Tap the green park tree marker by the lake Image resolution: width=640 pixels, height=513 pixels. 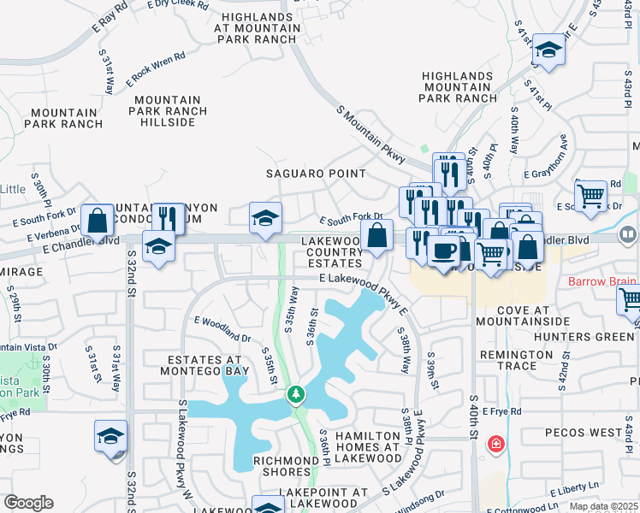click(x=295, y=394)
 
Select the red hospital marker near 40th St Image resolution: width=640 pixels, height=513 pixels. click(x=495, y=444)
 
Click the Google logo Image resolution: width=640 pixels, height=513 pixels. click(x=28, y=503)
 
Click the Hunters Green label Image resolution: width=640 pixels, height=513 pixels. click(x=584, y=337)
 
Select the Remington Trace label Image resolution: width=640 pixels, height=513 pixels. click(x=523, y=360)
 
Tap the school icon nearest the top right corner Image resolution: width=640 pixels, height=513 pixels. click(x=548, y=50)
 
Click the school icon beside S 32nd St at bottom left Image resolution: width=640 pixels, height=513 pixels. click(x=111, y=436)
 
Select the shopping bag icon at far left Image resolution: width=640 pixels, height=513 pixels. click(x=98, y=220)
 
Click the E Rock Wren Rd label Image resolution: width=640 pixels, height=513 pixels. click(x=155, y=70)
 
